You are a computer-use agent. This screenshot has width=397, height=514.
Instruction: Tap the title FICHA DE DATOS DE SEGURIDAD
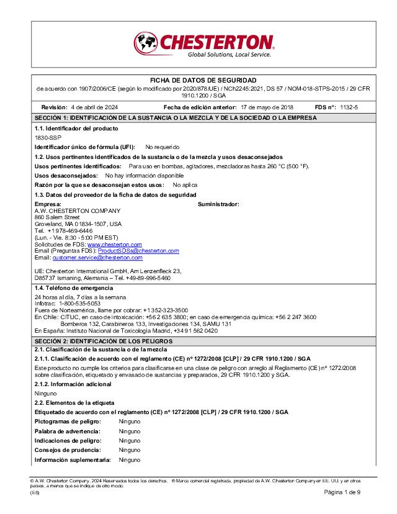pyautogui.click(x=203, y=81)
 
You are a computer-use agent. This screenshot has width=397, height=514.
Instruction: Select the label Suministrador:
pyautogui.click(x=218, y=204)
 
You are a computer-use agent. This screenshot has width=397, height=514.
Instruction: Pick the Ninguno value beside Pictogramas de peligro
pyautogui.click(x=130, y=422)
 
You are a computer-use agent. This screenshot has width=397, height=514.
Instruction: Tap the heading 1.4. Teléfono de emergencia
pyautogui.click(x=74, y=288)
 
